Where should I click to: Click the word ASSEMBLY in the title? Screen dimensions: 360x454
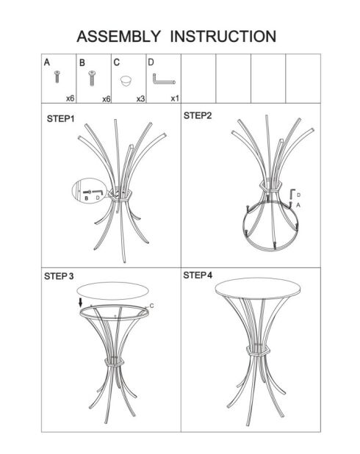(x=118, y=37)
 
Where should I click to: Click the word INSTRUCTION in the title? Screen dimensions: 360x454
(x=223, y=37)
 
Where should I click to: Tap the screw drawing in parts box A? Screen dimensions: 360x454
(x=57, y=76)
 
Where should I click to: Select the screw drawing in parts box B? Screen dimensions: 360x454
(x=92, y=78)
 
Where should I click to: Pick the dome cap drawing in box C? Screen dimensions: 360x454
(x=126, y=81)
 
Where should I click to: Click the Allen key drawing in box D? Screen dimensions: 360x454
(x=163, y=79)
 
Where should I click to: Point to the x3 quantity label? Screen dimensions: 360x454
(x=140, y=98)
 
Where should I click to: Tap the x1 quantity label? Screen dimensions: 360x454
(x=175, y=98)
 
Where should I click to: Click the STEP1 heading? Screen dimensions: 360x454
(x=60, y=119)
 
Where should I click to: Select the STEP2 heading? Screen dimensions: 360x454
(x=198, y=115)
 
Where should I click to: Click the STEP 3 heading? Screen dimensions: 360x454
(x=59, y=276)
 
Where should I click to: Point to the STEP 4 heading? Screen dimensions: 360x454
(x=198, y=275)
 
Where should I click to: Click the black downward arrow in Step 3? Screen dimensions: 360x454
(x=81, y=303)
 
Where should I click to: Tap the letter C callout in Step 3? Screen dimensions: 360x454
(x=152, y=306)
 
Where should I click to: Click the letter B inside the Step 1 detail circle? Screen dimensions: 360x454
(x=86, y=198)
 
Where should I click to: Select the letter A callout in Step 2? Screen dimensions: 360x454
(x=298, y=205)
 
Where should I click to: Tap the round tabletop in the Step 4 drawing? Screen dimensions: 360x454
(x=258, y=288)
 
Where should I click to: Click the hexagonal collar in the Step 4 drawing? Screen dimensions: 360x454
(x=258, y=350)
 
